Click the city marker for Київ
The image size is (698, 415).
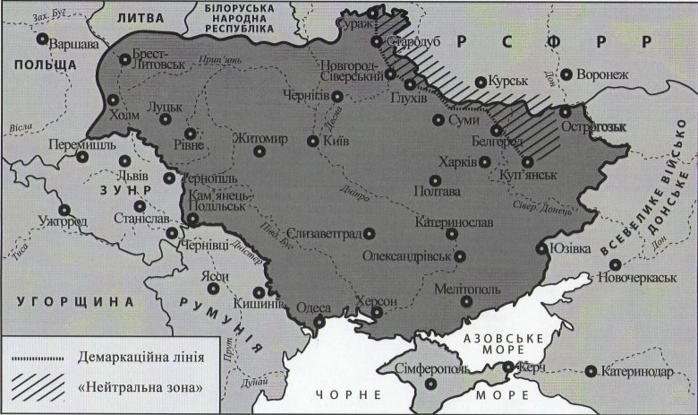(311, 141)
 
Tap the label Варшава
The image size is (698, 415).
(72, 44)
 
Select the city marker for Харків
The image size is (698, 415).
(484, 162)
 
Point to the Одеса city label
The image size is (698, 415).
(312, 305)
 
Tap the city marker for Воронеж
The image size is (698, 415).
(566, 74)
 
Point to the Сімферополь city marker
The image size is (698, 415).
(433, 383)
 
